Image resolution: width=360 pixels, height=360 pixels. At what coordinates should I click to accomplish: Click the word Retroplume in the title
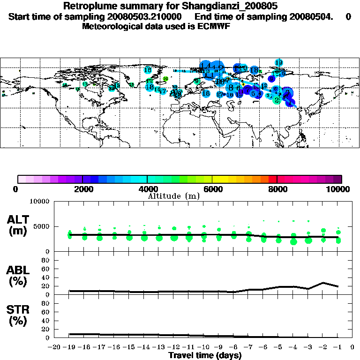(x=89, y=7)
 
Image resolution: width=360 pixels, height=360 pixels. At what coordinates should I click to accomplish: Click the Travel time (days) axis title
(x=205, y=356)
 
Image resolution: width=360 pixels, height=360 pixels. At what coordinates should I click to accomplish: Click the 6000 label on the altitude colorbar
(x=212, y=189)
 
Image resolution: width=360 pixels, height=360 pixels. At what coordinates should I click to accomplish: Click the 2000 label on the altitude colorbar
(x=82, y=189)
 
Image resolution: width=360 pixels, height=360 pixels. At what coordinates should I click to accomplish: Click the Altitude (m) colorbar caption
(x=173, y=196)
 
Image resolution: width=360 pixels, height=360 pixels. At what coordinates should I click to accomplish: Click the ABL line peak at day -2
(x=323, y=283)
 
